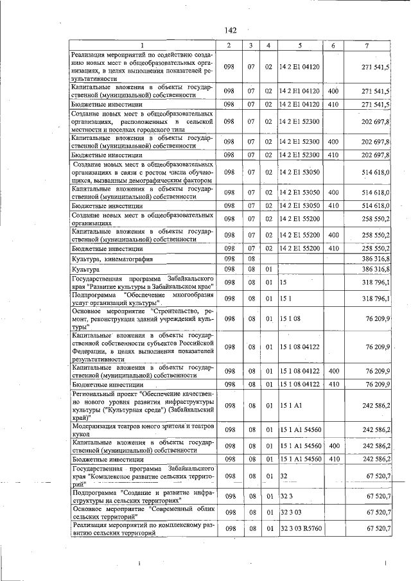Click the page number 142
coord(231,30)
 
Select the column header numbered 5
coord(299,45)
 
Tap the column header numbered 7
coord(366,45)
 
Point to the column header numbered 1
coord(143,45)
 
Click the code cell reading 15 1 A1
coord(290,405)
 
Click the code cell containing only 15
coord(283,282)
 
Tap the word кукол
coord(81,434)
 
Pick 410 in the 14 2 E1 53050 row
coord(333,205)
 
